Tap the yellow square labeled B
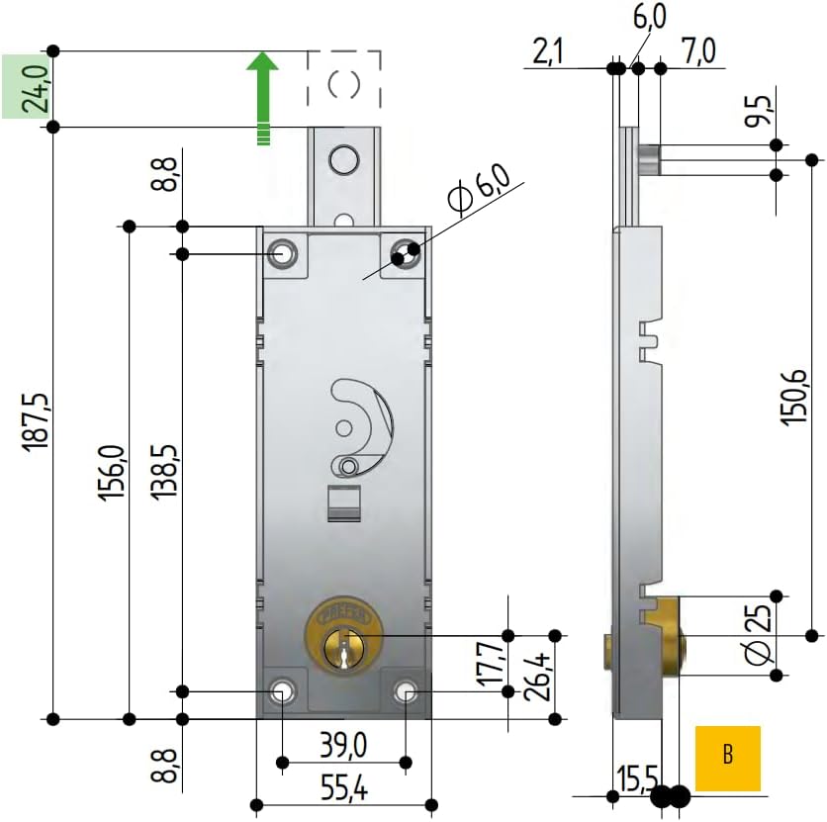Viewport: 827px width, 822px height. (x=728, y=758)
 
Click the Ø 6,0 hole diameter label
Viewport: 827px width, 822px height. (x=478, y=190)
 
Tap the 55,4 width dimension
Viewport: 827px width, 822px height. (x=344, y=787)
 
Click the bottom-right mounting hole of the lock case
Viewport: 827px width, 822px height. (x=406, y=690)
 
